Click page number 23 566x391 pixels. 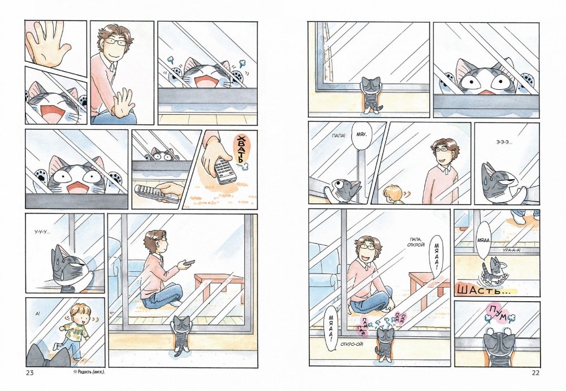coord(29,372)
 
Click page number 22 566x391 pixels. coord(535,372)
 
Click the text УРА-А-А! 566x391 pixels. coord(512,250)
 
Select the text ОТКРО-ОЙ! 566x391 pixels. coord(352,344)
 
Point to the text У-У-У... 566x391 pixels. coord(42,232)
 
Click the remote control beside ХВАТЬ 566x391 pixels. coord(224,170)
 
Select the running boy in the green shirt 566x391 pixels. coord(74,331)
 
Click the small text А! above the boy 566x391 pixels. coord(38,314)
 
